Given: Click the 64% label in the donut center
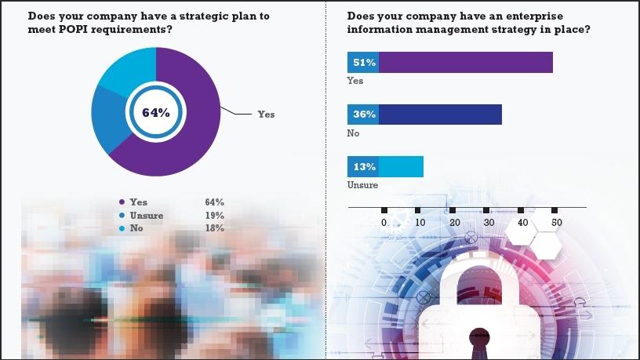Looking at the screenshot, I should (x=156, y=112).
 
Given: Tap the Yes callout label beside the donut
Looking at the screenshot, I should (x=267, y=115).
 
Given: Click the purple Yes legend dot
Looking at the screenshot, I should (x=121, y=202).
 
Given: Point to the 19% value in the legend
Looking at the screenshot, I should (x=214, y=216).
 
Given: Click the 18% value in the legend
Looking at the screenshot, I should (x=214, y=228).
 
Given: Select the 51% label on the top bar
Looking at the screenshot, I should (x=363, y=62).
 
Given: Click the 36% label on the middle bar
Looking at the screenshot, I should (x=363, y=115).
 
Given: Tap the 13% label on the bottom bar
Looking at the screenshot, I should (x=363, y=167).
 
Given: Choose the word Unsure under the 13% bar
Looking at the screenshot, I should (x=362, y=186).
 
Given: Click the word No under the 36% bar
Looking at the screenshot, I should (x=353, y=133).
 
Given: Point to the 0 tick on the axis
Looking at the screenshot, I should (x=384, y=223).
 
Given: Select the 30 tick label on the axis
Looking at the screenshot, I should (x=488, y=223).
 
